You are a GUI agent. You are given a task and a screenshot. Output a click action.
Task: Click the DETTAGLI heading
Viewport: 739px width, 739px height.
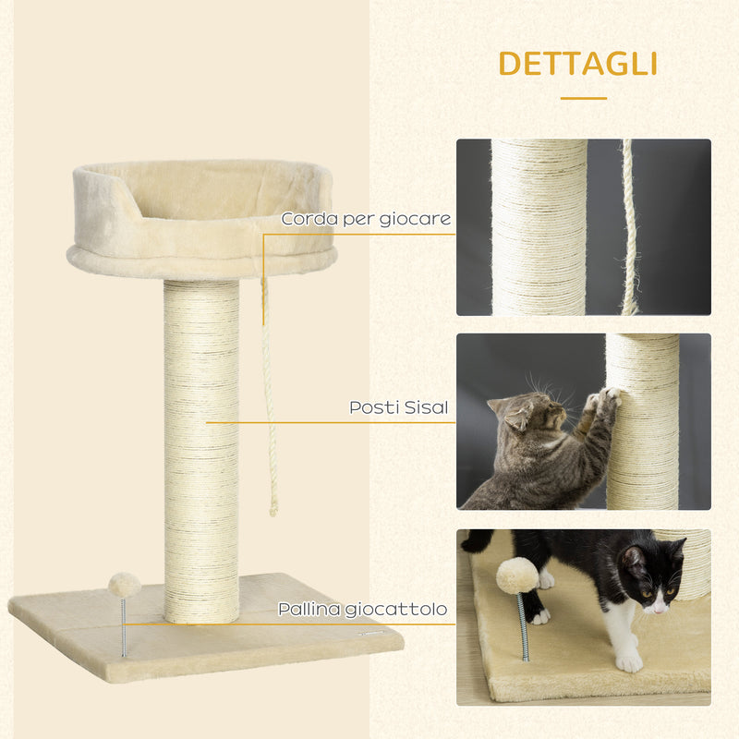577,64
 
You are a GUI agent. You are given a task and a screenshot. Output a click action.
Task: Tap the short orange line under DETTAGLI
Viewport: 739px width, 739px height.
583,98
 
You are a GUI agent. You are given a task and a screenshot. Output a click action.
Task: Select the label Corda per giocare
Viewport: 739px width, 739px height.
366,219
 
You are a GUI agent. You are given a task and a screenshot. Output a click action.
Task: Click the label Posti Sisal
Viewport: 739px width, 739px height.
400,406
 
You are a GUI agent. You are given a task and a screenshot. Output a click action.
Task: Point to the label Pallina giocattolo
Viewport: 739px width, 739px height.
362,610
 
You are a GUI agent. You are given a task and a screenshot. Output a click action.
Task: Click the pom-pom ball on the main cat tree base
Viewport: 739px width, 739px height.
124,585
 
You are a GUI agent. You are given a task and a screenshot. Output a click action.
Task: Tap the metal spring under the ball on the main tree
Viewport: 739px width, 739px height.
124,628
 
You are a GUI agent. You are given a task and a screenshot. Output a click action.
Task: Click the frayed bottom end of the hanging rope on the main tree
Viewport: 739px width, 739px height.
273,507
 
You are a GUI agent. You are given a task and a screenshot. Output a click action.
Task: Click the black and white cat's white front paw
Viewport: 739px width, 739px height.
629,660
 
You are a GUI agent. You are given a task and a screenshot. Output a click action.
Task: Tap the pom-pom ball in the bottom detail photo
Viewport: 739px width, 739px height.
517,575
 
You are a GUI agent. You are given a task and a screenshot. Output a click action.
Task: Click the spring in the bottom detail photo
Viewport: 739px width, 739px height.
523,628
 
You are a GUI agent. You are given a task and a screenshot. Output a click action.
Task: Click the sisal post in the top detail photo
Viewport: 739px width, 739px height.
539,226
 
